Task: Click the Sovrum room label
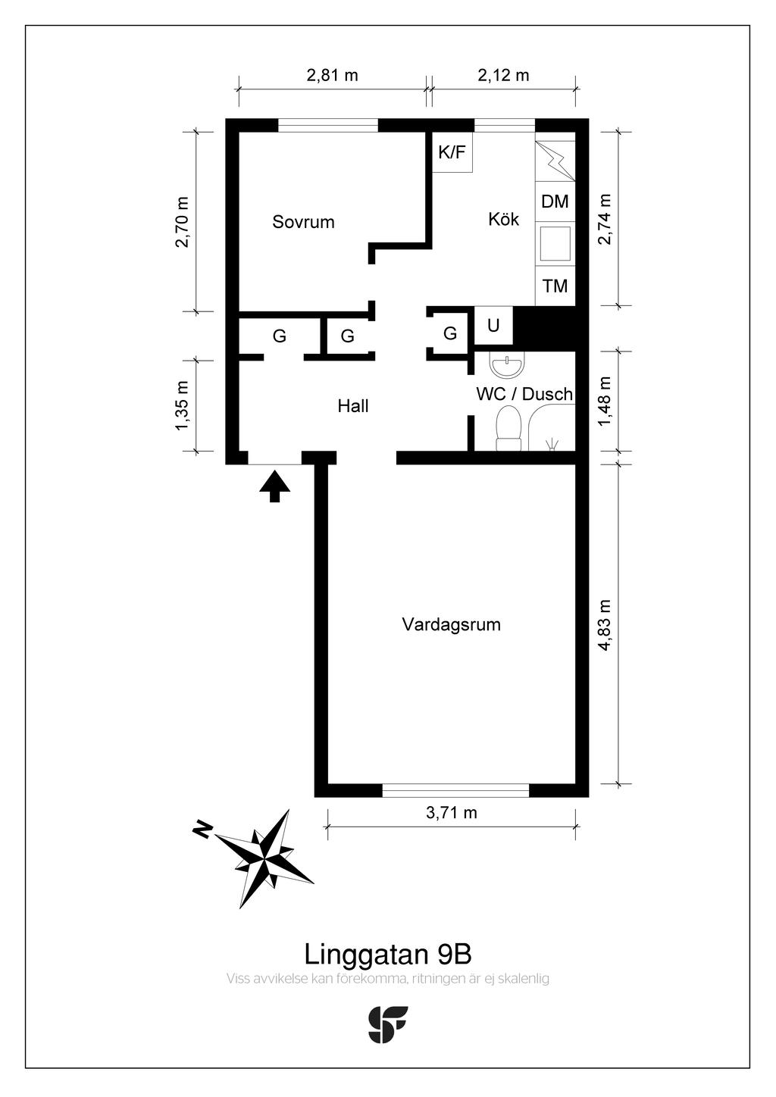coord(303,222)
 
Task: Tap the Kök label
coord(504,219)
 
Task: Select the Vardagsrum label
coord(451,625)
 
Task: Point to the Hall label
coord(353,406)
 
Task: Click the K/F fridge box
coord(452,152)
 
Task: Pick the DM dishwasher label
coord(555,202)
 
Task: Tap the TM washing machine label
coord(555,286)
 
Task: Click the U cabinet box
coord(493,325)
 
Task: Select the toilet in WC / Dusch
coord(508,428)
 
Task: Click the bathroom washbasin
coord(507,365)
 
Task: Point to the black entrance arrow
coord(275,486)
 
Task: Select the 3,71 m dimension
coord(451,812)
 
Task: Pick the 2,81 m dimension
coord(332,75)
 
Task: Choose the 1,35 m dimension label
coord(181,406)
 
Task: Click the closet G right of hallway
coord(450,333)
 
